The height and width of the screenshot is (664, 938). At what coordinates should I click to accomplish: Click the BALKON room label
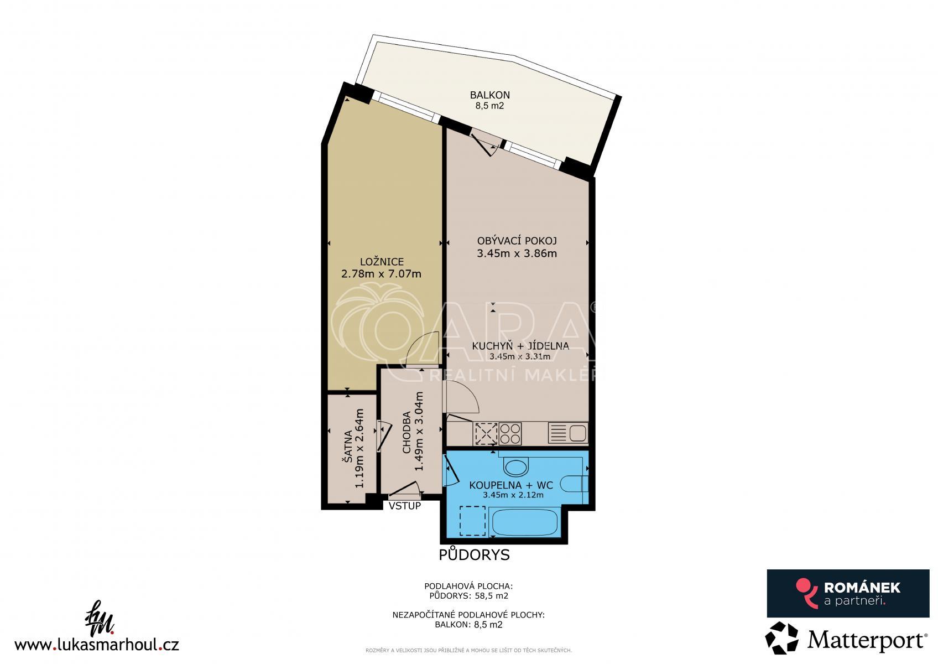click(x=489, y=95)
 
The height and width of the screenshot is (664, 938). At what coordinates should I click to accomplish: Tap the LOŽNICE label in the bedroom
click(x=382, y=262)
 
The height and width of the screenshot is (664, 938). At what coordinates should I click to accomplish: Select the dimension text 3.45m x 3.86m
click(x=517, y=253)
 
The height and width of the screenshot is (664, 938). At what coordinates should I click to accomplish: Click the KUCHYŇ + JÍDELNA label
click(x=520, y=346)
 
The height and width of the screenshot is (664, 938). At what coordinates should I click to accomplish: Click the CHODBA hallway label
click(x=406, y=433)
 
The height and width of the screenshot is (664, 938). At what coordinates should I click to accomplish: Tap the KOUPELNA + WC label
click(x=511, y=485)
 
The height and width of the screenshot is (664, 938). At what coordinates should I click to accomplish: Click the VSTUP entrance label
click(x=404, y=506)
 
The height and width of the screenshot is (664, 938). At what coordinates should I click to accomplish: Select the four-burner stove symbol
click(x=510, y=433)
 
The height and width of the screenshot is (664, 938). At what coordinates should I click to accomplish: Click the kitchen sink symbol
click(x=568, y=433)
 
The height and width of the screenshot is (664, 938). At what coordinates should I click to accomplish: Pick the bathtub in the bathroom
click(x=524, y=522)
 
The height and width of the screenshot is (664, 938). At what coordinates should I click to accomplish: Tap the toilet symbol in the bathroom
click(x=574, y=484)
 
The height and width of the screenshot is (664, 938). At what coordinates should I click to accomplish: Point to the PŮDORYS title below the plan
click(x=474, y=554)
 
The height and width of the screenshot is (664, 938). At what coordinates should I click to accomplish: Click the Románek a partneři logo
click(x=848, y=593)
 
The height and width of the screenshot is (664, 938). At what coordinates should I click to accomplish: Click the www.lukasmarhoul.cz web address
click(x=97, y=644)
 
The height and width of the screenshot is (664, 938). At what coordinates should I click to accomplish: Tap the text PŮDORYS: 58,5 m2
click(x=468, y=595)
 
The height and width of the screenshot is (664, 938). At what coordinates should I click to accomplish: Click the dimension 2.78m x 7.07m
click(x=381, y=274)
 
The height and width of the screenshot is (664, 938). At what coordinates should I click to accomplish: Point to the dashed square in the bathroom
click(x=473, y=521)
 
